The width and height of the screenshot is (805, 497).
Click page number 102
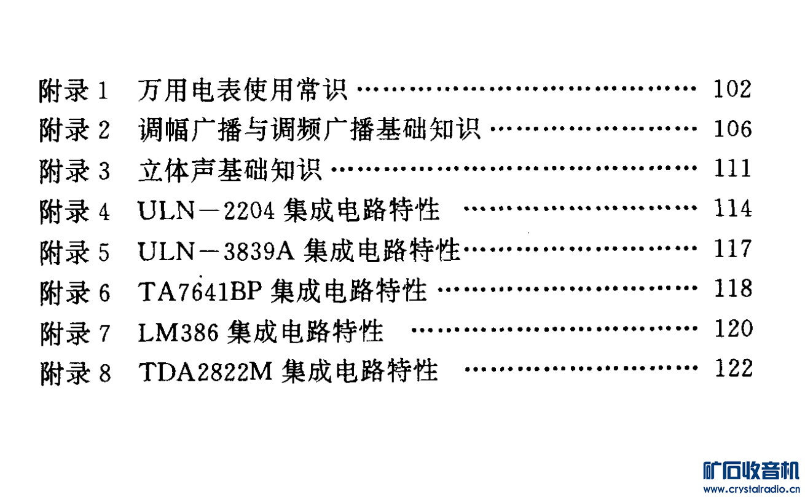[x=732, y=90]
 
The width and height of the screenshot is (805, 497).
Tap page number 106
[x=732, y=130]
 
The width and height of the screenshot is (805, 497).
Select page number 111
[x=732, y=170]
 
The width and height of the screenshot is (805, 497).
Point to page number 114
[x=732, y=210]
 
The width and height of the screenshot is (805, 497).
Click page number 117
[x=732, y=250]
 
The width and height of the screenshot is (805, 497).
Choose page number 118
[x=732, y=289]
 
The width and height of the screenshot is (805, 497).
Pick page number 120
[x=732, y=329]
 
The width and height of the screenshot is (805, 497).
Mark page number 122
[x=732, y=369]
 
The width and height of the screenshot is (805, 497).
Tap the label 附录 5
[x=74, y=251]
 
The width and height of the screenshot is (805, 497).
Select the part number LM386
[x=178, y=331]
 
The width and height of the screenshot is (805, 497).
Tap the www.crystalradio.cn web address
[x=751, y=490]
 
